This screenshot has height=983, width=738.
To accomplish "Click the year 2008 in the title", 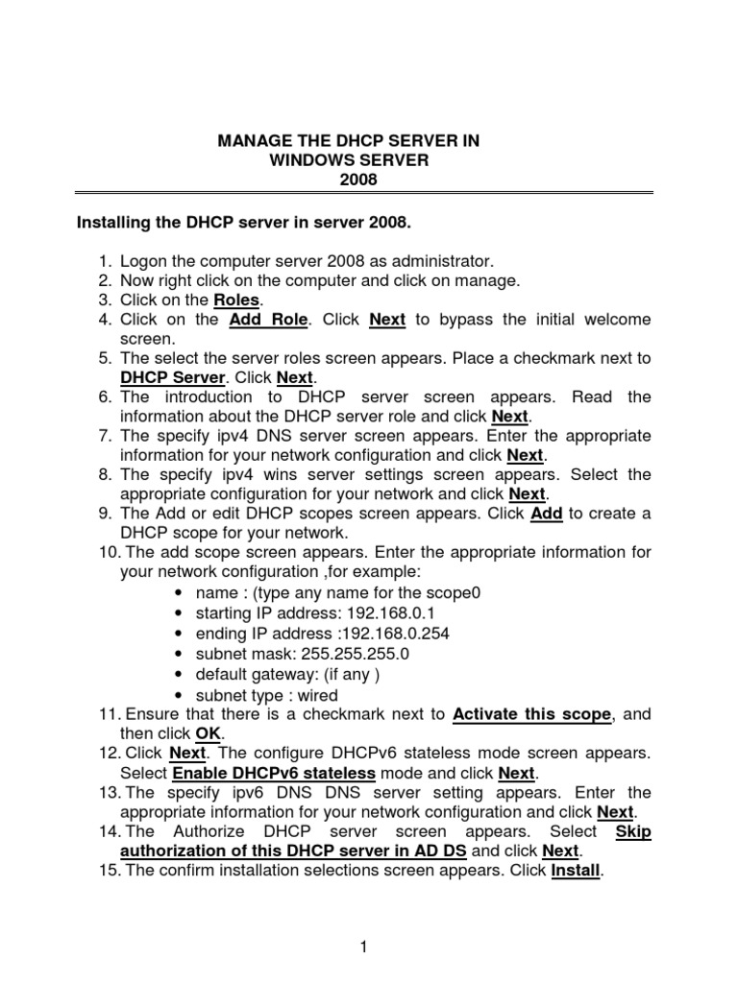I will click(x=349, y=180).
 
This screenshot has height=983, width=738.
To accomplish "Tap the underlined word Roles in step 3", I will click(x=236, y=300).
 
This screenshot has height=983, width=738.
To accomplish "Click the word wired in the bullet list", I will click(x=317, y=695).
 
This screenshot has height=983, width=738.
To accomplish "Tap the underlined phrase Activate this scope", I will click(x=531, y=714).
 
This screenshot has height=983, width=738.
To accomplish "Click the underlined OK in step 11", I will click(x=209, y=733).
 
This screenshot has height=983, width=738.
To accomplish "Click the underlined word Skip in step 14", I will click(x=632, y=831).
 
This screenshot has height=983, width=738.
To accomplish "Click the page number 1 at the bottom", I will click(x=364, y=947).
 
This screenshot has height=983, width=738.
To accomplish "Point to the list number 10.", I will click(x=107, y=553).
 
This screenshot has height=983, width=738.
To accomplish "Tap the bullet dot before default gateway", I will click(x=180, y=674).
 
